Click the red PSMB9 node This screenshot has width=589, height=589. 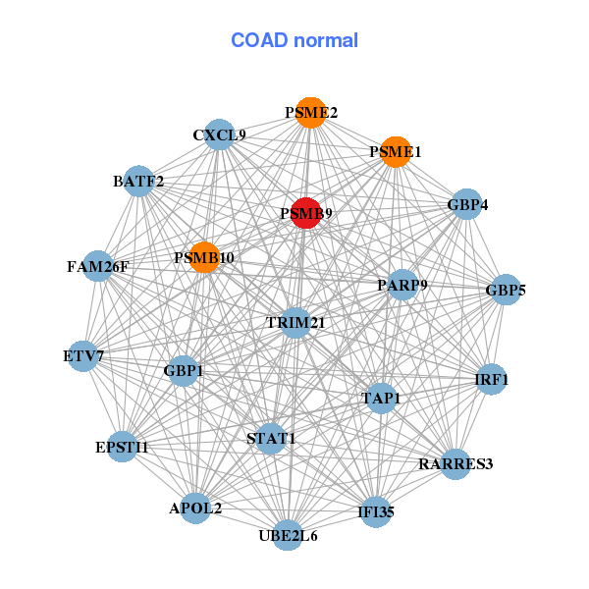point(306,213)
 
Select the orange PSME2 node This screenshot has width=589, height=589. point(311,113)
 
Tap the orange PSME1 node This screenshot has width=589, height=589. point(395,152)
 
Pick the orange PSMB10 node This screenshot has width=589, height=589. point(204,257)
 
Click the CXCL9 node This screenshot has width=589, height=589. point(219,134)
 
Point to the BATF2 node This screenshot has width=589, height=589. point(138,181)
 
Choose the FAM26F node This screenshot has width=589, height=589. point(98,266)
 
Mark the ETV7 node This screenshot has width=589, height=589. point(84,355)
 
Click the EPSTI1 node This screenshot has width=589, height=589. point(122,447)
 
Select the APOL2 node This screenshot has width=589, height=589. point(195,509)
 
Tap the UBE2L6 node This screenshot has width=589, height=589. point(287,535)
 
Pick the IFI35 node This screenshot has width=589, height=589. point(376,511)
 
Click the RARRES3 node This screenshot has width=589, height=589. point(455,463)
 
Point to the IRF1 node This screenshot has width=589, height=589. point(491,379)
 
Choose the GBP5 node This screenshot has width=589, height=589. point(506,290)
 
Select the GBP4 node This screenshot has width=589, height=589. point(467,205)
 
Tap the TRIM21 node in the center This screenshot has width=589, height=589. point(295,322)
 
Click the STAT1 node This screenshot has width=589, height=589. point(271,437)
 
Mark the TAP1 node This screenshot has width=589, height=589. point(381,398)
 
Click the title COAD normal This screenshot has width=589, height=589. point(294,40)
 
